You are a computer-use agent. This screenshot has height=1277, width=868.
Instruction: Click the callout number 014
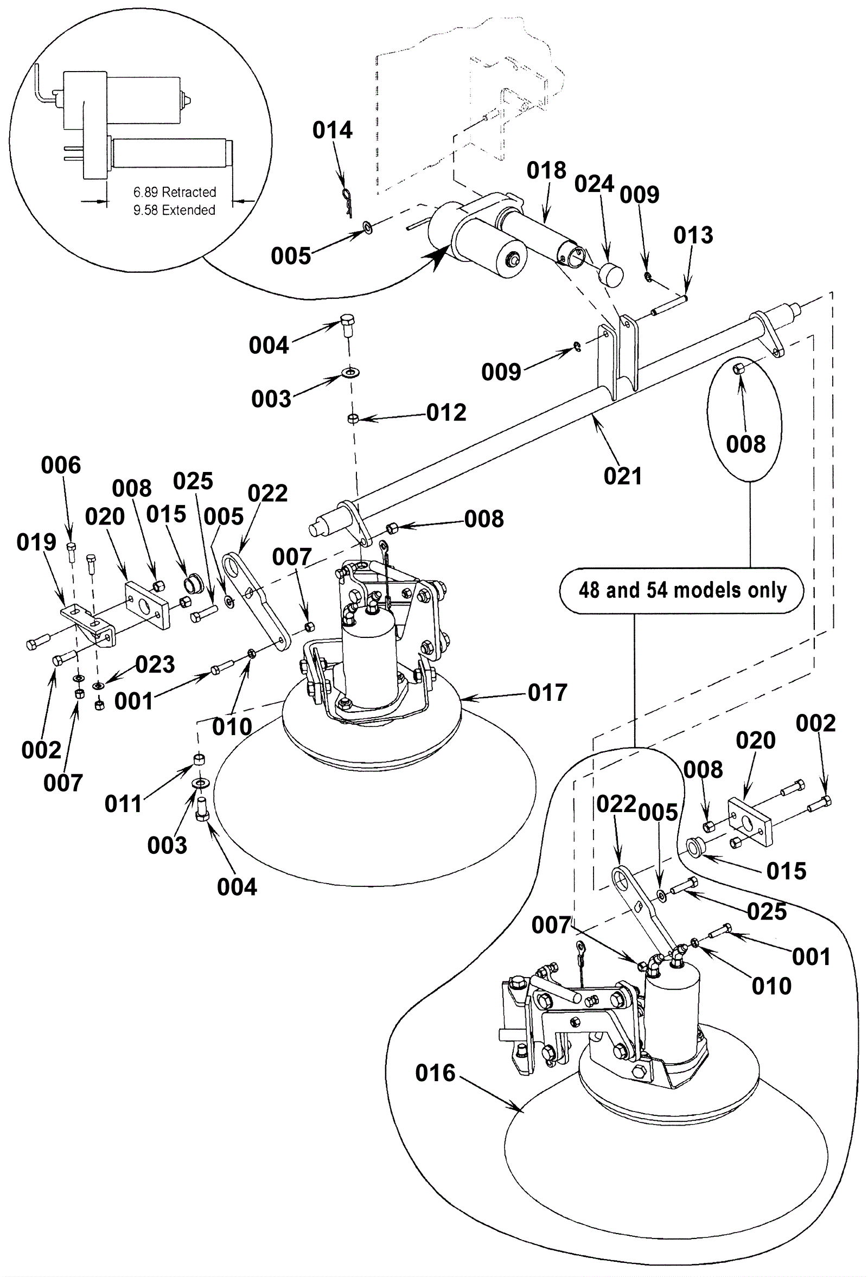(x=333, y=130)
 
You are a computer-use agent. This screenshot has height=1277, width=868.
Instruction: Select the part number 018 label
(x=546, y=170)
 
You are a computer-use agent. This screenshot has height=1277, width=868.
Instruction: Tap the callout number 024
(x=594, y=183)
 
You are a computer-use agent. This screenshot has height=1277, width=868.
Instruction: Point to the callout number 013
(x=693, y=235)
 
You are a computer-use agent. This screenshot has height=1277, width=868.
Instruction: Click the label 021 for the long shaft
(x=622, y=476)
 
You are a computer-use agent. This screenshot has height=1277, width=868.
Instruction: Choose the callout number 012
(x=446, y=413)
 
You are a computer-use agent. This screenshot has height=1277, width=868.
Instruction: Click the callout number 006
(x=61, y=465)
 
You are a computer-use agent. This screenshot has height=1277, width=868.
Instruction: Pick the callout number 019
(x=36, y=542)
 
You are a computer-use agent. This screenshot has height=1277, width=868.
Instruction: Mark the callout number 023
(x=155, y=665)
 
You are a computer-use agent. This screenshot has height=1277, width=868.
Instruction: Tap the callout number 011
(x=124, y=804)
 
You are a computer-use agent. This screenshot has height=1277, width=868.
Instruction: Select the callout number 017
(x=547, y=692)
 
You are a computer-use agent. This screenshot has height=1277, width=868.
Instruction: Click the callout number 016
(x=435, y=1072)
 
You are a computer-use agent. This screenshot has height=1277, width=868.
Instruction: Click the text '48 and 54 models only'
(x=682, y=590)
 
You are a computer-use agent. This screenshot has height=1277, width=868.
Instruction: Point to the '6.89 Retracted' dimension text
(x=175, y=193)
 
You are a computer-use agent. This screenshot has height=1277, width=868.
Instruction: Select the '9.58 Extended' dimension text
(x=174, y=210)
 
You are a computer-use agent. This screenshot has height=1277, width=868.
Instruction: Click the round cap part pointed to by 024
(x=610, y=274)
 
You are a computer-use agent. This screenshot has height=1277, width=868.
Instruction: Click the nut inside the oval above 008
(x=739, y=368)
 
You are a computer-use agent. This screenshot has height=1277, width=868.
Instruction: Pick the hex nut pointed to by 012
(x=353, y=419)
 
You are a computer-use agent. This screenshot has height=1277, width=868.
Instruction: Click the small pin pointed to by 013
(x=669, y=306)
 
